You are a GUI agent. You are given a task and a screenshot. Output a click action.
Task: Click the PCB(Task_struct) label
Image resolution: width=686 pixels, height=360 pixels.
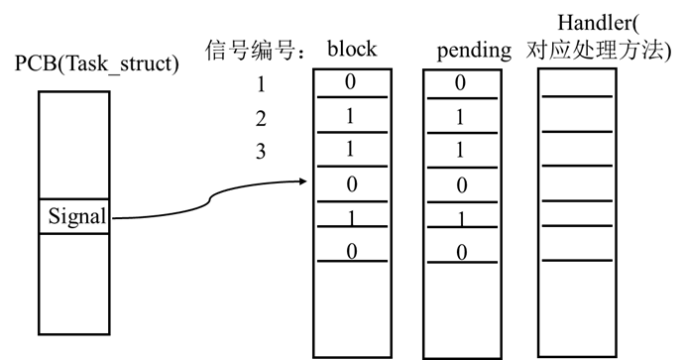tap(96, 65)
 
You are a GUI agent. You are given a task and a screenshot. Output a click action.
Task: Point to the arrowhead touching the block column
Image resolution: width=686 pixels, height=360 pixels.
tap(304, 180)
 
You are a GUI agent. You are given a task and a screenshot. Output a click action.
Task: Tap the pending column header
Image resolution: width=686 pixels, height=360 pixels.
tap(473, 49)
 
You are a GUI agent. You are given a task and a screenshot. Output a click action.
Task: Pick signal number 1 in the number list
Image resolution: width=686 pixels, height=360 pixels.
tap(261, 84)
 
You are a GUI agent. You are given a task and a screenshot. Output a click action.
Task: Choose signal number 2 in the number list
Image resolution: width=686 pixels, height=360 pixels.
tap(261, 119)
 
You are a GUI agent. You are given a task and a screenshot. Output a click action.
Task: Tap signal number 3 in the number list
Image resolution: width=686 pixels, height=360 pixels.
tap(261, 154)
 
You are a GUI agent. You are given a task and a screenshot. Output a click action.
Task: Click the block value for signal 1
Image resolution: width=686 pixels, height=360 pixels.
tap(350, 82)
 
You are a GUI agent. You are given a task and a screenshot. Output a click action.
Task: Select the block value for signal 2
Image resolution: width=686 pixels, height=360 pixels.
tap(350, 117)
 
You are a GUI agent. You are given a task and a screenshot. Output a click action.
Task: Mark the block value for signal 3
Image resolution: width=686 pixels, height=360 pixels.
tap(350, 152)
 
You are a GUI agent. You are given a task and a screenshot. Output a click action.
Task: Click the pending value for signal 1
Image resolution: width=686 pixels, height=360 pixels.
tap(460, 83)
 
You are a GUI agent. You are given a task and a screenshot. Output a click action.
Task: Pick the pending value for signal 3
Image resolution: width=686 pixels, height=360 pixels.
tap(460, 152)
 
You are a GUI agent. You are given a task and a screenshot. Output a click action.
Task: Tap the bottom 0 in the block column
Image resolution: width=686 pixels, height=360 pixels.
tap(350, 253)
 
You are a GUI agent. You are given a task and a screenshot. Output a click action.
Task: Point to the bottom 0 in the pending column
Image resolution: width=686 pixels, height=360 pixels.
tap(460, 253)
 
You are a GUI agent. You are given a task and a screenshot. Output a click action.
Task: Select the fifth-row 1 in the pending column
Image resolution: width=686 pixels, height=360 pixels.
tap(460, 218)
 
